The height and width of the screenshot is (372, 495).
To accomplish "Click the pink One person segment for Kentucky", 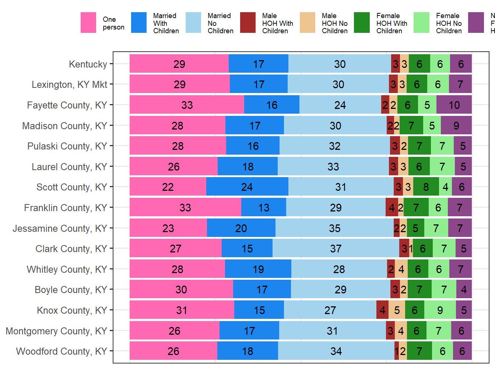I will pyautogui.click(x=179, y=64).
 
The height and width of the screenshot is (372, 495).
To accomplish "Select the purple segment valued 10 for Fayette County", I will pyautogui.click(x=454, y=105).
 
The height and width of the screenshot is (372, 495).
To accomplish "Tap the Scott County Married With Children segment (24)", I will pyautogui.click(x=247, y=187).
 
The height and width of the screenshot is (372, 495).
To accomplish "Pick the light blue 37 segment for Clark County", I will pyautogui.click(x=336, y=248).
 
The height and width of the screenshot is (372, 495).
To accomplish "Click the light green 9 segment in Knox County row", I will pyautogui.click(x=440, y=310).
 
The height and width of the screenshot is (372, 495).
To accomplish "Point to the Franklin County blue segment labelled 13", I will pyautogui.click(x=263, y=207).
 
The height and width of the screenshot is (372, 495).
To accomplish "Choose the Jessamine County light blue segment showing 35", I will pyautogui.click(x=334, y=228).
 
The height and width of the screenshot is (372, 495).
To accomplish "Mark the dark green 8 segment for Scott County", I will pyautogui.click(x=426, y=187).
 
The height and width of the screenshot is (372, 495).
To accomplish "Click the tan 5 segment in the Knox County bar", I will pyautogui.click(x=397, y=310).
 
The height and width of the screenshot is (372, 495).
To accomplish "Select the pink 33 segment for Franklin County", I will pyautogui.click(x=185, y=207).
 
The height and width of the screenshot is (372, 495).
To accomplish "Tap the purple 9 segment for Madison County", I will pyautogui.click(x=456, y=125).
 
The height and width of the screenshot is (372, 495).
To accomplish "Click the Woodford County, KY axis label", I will pyautogui.click(x=62, y=351).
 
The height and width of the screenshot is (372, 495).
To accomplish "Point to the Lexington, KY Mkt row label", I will pyautogui.click(x=69, y=85).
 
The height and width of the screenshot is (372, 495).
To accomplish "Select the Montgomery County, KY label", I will pyautogui.click(x=56, y=331).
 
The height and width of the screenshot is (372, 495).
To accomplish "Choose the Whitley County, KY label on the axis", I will pyautogui.click(x=67, y=269).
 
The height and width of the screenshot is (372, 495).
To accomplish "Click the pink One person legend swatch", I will pyautogui.click(x=88, y=23).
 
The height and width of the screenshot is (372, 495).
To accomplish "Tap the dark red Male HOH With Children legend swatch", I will pyautogui.click(x=248, y=23).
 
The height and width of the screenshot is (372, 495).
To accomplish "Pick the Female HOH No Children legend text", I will pyautogui.click(x=449, y=23).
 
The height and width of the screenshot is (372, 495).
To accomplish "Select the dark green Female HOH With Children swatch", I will pyautogui.click(x=362, y=23).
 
